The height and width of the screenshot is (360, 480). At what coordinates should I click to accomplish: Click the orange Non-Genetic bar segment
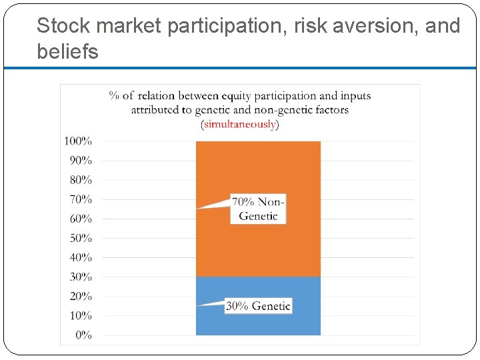pos(258,167)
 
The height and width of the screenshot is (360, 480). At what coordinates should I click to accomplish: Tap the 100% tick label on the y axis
pos(78,141)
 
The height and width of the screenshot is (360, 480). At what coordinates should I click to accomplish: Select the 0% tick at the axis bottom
pos(83,335)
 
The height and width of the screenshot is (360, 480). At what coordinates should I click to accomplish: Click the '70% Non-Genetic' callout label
pos(258,209)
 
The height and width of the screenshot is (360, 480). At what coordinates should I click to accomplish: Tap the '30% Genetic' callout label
pos(258,306)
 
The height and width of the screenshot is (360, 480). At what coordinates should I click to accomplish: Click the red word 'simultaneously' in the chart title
pos(239,124)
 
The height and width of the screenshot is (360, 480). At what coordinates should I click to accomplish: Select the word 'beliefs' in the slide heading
pos(67,51)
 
